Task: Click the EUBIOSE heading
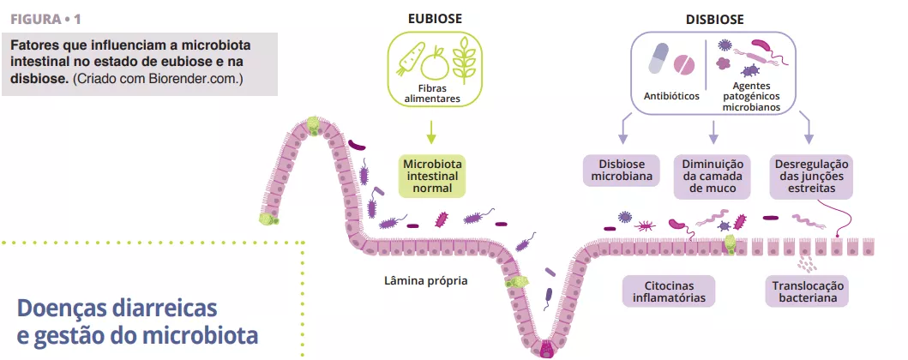click(x=431, y=19)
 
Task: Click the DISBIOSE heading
click(x=714, y=19)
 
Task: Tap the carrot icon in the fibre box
click(x=408, y=60)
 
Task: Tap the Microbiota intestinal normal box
click(x=432, y=175)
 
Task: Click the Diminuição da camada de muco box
click(x=713, y=175)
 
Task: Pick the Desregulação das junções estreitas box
click(x=810, y=175)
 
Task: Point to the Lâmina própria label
click(x=426, y=280)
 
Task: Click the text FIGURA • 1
click(x=47, y=18)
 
